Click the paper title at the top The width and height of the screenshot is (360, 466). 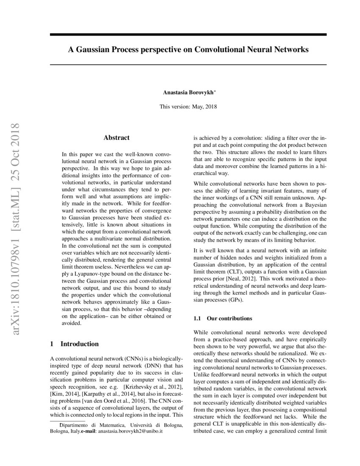188,50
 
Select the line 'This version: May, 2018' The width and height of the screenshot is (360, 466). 188,107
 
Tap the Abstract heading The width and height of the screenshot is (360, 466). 116,138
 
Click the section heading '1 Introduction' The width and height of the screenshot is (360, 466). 74,344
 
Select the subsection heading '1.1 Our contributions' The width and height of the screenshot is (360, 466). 222,318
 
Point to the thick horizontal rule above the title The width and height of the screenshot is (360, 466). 188,34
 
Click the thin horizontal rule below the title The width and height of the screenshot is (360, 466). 188,64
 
